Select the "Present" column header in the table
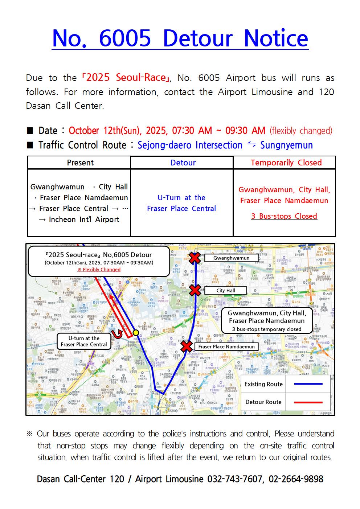80,163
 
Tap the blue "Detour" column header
183,163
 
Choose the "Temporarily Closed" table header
286,163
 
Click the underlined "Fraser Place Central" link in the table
181,209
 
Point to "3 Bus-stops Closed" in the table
284,216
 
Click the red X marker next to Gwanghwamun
195,258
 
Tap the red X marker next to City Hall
195,290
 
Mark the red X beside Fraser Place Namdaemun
187,346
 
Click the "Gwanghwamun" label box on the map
231,258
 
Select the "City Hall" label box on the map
226,291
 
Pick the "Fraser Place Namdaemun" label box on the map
226,346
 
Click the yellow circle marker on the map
136,332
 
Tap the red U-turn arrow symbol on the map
117,334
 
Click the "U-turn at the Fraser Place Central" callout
84,341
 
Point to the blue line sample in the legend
308,384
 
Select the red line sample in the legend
308,402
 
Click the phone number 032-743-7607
234,479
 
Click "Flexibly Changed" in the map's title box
99,270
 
